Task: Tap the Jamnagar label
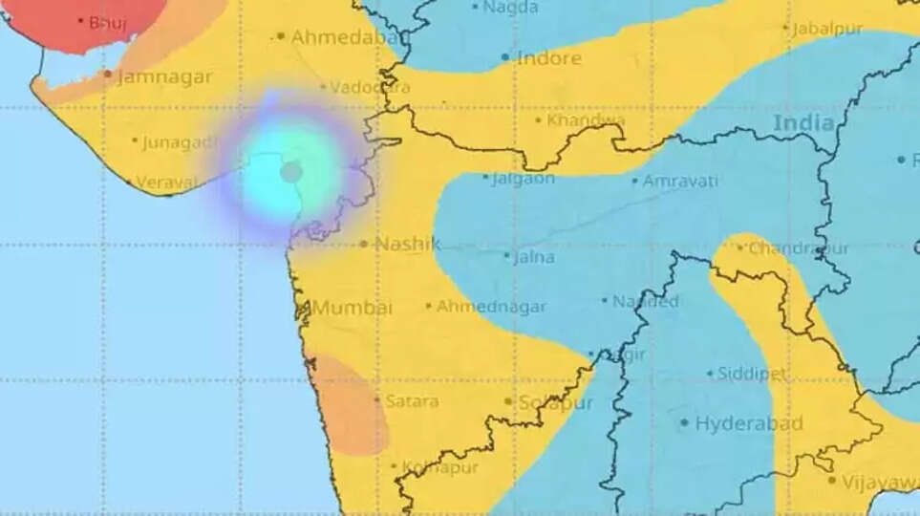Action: (164, 77)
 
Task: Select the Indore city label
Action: (548, 58)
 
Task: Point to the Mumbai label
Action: (352, 308)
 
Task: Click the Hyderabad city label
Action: (748, 423)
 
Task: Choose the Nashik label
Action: (407, 244)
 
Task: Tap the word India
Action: (803, 123)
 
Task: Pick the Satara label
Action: (412, 401)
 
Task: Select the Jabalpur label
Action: (827, 30)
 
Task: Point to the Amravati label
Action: (679, 181)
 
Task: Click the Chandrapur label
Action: (798, 248)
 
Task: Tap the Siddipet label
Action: (752, 375)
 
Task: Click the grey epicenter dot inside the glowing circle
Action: (291, 172)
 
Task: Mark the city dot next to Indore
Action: (505, 58)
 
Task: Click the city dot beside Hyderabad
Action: (684, 422)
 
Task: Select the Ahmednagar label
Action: (491, 307)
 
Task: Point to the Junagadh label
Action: (180, 143)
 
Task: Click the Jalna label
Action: (534, 257)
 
